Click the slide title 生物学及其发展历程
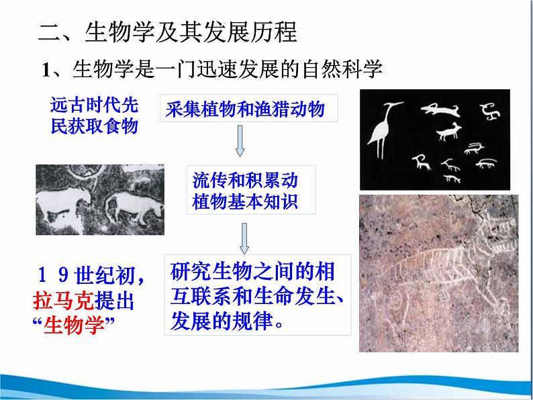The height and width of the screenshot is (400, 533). coord(191,32)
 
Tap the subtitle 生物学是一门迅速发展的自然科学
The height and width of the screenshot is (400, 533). coord(228,69)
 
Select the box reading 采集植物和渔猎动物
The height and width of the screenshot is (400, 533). coord(249,108)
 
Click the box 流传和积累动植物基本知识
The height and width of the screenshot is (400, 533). coord(251,190)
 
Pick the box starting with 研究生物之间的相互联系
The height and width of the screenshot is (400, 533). coord(258,295)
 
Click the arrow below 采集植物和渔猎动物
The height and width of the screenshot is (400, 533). coord(240,141)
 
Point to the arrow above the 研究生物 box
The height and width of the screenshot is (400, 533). coord(244,238)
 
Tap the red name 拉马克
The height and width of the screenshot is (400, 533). coord(64,301)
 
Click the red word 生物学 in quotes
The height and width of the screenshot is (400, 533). coord(74,326)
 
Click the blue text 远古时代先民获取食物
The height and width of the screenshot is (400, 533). coord(94,115)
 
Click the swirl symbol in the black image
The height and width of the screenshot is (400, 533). coord(490,111)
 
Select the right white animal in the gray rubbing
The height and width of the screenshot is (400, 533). coord(134,207)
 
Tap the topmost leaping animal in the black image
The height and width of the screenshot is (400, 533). coord(440,110)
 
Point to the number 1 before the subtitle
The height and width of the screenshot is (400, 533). coord(46,70)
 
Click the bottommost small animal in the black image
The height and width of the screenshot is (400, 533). coord(452,179)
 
